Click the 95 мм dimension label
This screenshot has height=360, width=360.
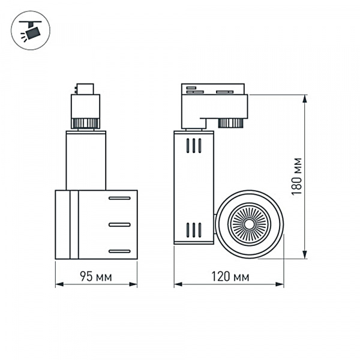click(x=96, y=277)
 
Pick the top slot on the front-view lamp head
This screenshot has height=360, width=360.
click(x=119, y=198)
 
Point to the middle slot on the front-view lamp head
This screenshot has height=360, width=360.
click(x=119, y=224)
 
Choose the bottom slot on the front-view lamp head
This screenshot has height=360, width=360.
click(x=119, y=251)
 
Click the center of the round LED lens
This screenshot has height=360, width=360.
click(x=247, y=224)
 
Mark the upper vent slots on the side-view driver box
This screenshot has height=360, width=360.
click(x=193, y=146)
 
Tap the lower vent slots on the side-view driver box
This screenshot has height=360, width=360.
click(x=193, y=229)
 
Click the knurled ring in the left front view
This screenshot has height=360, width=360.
click(x=85, y=124)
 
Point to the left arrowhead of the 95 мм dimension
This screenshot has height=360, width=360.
click(x=58, y=284)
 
